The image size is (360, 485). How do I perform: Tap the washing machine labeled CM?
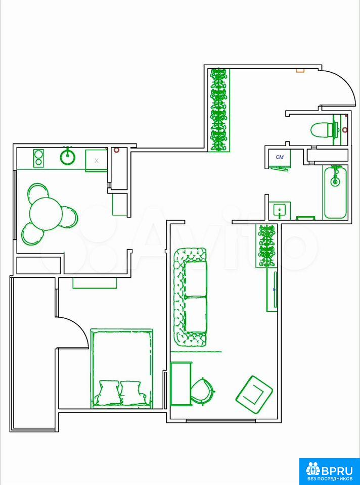pos(279,159)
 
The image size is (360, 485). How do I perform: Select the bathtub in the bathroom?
pos(336,192)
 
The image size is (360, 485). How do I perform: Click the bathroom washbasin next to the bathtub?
pos(280,210)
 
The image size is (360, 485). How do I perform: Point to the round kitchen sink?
pos(67,157)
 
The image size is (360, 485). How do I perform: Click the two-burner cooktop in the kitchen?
pos(38,158)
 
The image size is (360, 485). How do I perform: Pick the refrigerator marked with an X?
pos(96,161)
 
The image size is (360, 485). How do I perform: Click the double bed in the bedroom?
pos(122,368)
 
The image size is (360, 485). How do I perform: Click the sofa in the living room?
pos(190,297)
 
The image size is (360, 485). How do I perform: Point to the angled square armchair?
pos(254,395)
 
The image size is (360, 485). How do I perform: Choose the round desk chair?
pos(202,391)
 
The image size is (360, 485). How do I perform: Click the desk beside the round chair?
pos(181,384)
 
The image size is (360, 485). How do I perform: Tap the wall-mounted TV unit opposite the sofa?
pos(272,290)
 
